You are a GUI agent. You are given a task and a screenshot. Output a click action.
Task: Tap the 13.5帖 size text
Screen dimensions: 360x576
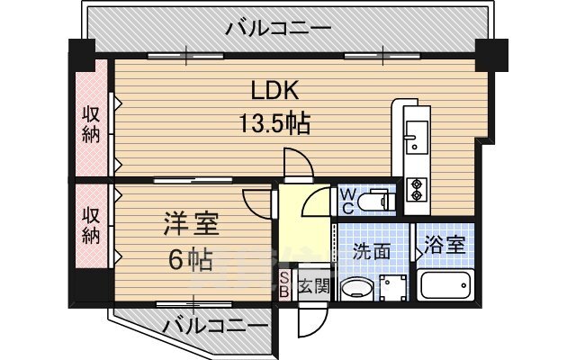273,123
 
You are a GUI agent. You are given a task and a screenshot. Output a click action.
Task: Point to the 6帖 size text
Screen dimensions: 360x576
190,260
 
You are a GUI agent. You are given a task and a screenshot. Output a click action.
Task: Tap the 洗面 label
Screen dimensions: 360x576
372,251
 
